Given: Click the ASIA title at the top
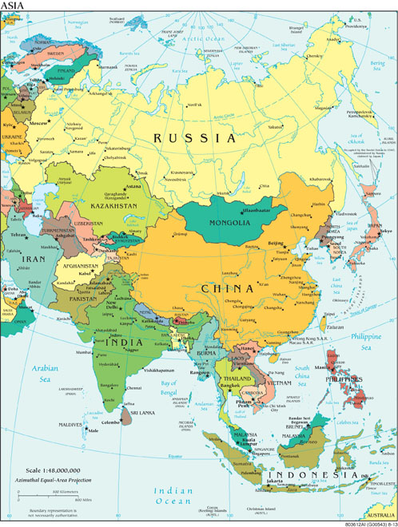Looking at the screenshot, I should pos(14,6).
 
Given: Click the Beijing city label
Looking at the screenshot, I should pos(276,242).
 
